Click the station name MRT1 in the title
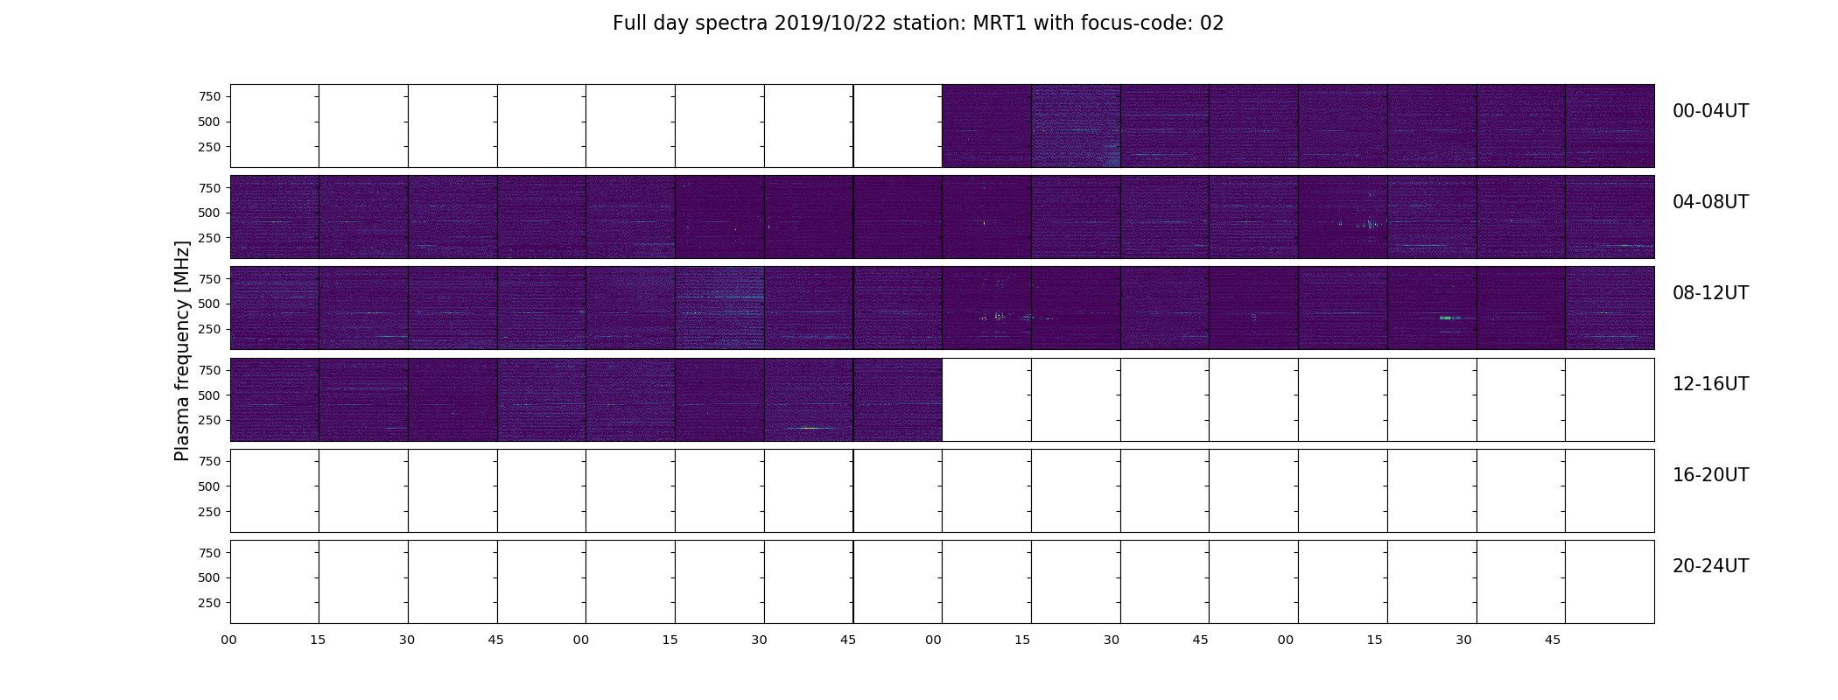click(1000, 24)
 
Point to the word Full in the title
click(628, 24)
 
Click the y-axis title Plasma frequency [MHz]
click(182, 351)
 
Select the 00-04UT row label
click(1710, 111)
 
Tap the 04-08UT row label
click(1710, 202)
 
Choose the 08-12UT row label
click(1710, 293)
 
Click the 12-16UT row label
click(1710, 384)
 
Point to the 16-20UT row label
click(1710, 475)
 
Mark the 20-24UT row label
click(1710, 566)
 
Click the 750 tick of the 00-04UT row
click(209, 96)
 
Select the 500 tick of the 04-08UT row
click(209, 213)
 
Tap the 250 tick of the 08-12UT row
click(209, 329)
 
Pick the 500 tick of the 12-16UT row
click(209, 395)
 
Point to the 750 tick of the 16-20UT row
click(209, 461)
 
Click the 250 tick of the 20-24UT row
click(209, 603)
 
